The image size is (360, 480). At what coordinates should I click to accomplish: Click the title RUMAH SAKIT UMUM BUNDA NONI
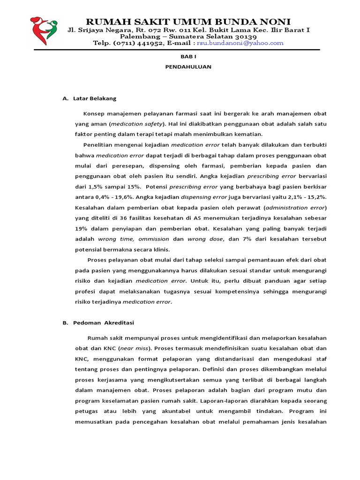pyautogui.click(x=188, y=22)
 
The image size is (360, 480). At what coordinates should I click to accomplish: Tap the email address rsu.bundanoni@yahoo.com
pyautogui.click(x=240, y=43)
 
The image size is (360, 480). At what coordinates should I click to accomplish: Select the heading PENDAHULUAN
pyautogui.click(x=188, y=67)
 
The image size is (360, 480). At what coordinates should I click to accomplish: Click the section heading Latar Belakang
pyautogui.click(x=95, y=99)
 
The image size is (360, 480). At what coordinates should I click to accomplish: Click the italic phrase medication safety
pyautogui.click(x=137, y=124)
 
